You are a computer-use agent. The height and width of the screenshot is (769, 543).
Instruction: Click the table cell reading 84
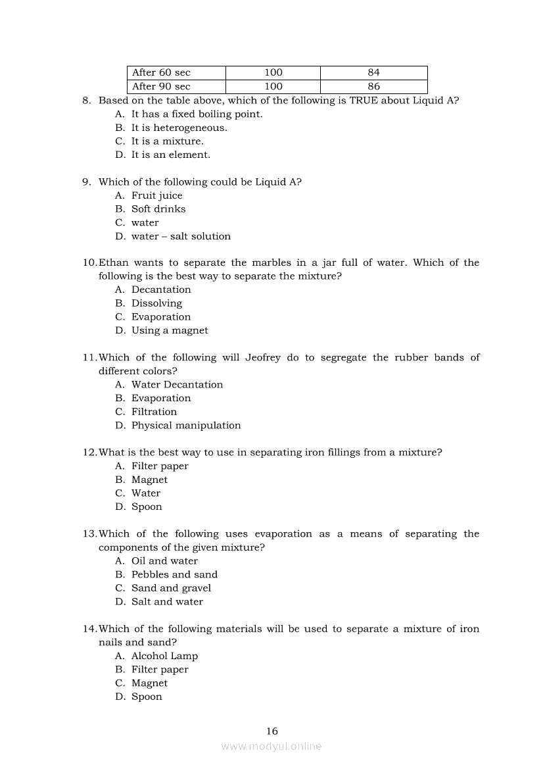[373, 72]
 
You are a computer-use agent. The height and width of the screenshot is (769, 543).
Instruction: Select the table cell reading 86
[373, 86]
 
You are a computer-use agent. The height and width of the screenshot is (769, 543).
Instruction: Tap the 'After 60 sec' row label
[161, 72]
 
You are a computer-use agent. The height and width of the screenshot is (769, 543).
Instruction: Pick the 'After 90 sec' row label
[161, 86]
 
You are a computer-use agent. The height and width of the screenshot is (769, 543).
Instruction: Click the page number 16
[272, 731]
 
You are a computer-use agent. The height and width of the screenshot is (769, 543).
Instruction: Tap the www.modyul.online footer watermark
[271, 746]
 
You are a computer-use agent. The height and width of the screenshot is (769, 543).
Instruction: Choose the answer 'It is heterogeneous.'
[179, 128]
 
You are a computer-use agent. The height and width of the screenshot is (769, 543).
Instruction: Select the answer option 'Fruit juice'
[156, 195]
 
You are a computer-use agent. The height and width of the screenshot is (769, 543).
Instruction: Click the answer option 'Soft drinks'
[158, 209]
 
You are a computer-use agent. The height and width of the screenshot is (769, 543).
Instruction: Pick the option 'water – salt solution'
[181, 236]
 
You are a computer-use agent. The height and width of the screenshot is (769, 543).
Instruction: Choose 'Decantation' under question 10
[161, 289]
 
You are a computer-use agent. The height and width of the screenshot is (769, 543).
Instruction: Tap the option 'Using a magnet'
[170, 330]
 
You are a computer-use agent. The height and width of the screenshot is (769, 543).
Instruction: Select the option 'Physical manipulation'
[186, 425]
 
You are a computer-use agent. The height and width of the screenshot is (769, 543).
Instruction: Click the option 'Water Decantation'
[177, 384]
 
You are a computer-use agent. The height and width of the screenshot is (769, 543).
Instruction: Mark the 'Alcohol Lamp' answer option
[164, 656]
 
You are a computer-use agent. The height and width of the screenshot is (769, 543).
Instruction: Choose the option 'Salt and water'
[167, 601]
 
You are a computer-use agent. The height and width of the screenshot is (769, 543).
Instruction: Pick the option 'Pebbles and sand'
[174, 574]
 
